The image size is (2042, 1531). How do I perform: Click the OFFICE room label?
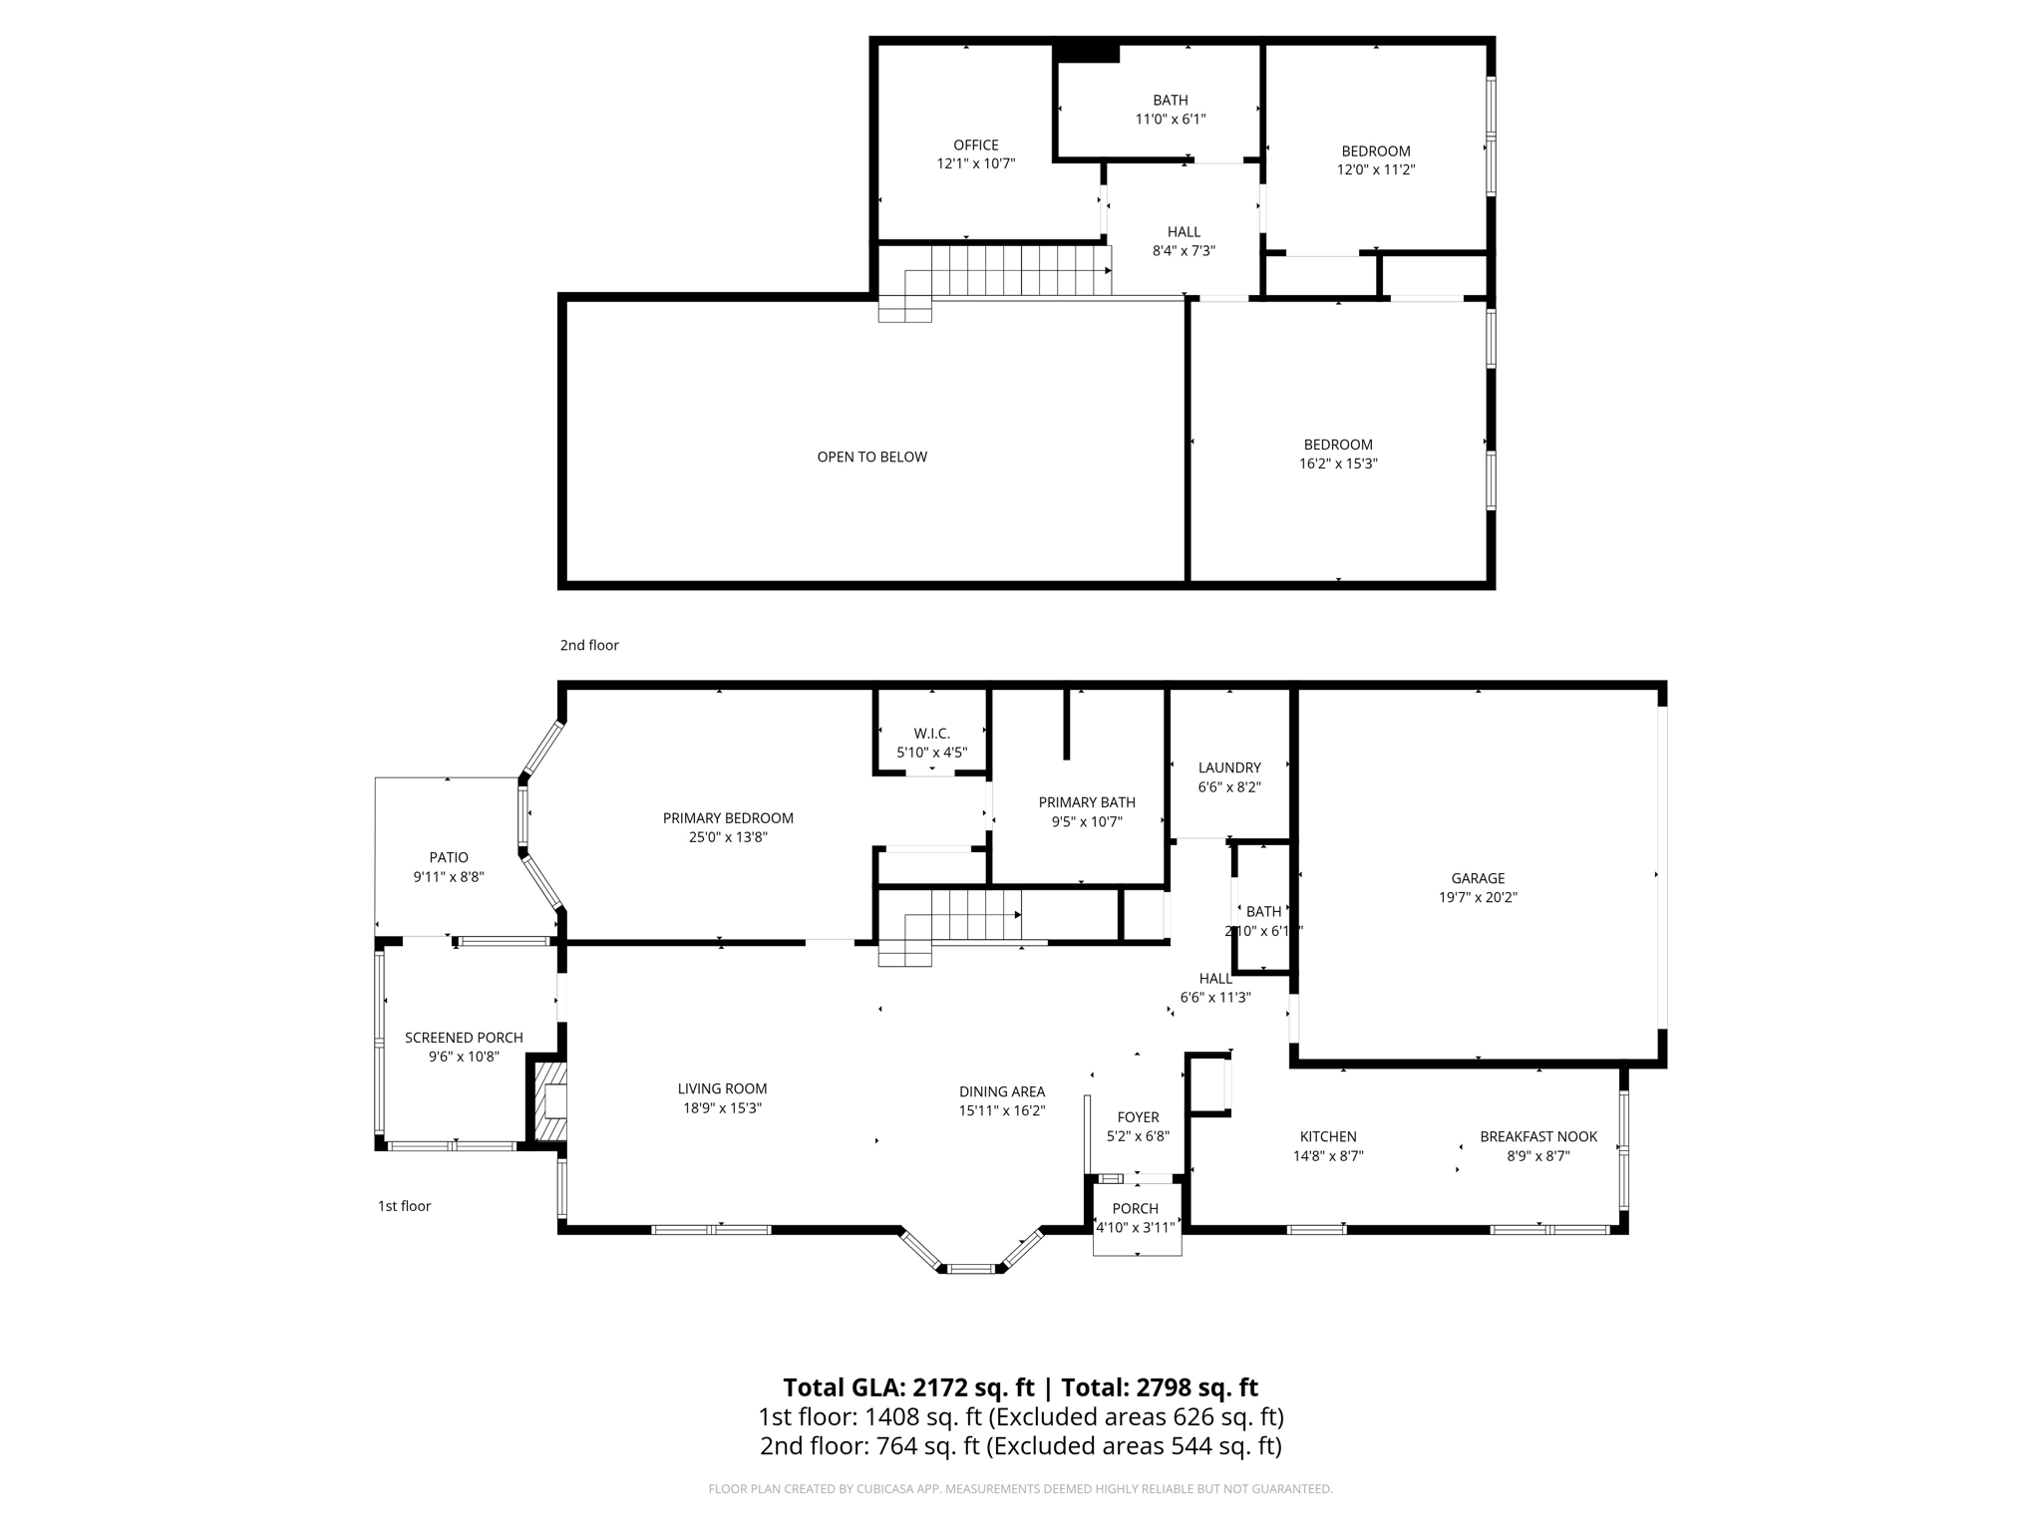(975, 146)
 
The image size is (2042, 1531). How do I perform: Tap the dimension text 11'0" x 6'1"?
(1170, 120)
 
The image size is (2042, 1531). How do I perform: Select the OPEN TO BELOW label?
(871, 457)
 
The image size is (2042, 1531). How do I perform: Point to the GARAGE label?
(1477, 878)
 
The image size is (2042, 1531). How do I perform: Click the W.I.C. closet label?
(931, 734)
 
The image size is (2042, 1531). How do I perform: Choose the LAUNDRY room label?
(1228, 767)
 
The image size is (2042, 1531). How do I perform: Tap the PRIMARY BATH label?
(1086, 802)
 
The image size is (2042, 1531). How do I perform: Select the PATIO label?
(449, 857)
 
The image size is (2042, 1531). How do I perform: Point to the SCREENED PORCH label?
(464, 1038)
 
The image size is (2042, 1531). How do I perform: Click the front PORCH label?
(1135, 1208)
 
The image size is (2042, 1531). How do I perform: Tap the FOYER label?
(1138, 1117)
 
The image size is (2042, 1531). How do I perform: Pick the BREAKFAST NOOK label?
(1537, 1136)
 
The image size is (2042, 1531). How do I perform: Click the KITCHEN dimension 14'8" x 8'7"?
(1328, 1156)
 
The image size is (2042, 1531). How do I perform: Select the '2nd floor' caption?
(589, 645)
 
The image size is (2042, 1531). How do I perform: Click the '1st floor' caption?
(404, 1206)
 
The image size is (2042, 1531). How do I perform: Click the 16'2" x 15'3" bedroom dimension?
(1337, 463)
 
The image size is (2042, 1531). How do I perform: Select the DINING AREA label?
(1001, 1091)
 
